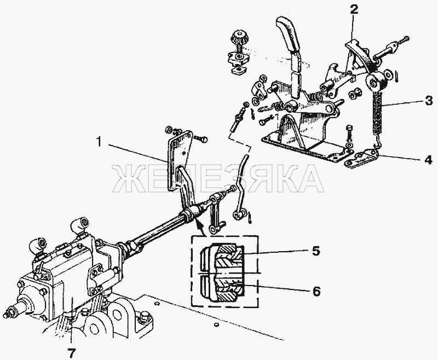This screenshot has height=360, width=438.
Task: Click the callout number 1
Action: pos(99,142)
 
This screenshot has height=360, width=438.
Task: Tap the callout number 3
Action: pos(428,101)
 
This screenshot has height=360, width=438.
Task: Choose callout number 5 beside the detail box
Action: pos(315,251)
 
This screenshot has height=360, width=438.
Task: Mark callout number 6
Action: pos(316,292)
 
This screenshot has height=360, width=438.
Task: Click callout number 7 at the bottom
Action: pos(71,352)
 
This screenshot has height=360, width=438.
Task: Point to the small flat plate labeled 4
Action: pos(362,158)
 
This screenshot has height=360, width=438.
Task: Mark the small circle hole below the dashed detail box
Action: pos(216,324)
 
